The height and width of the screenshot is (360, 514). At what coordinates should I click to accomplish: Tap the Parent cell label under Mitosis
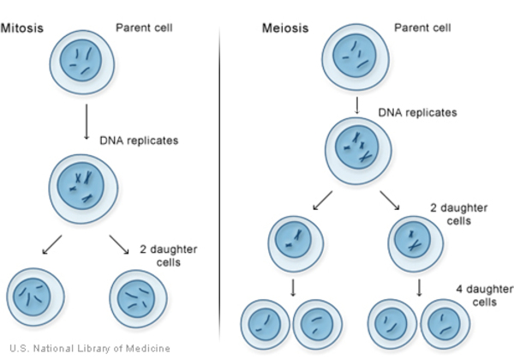[x=143, y=27]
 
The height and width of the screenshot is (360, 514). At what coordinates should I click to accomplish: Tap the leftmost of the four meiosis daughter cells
[x=266, y=323]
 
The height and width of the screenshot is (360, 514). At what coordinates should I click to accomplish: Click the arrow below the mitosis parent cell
[x=86, y=121]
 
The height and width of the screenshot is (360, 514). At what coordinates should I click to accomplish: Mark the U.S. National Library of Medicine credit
[x=89, y=348]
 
